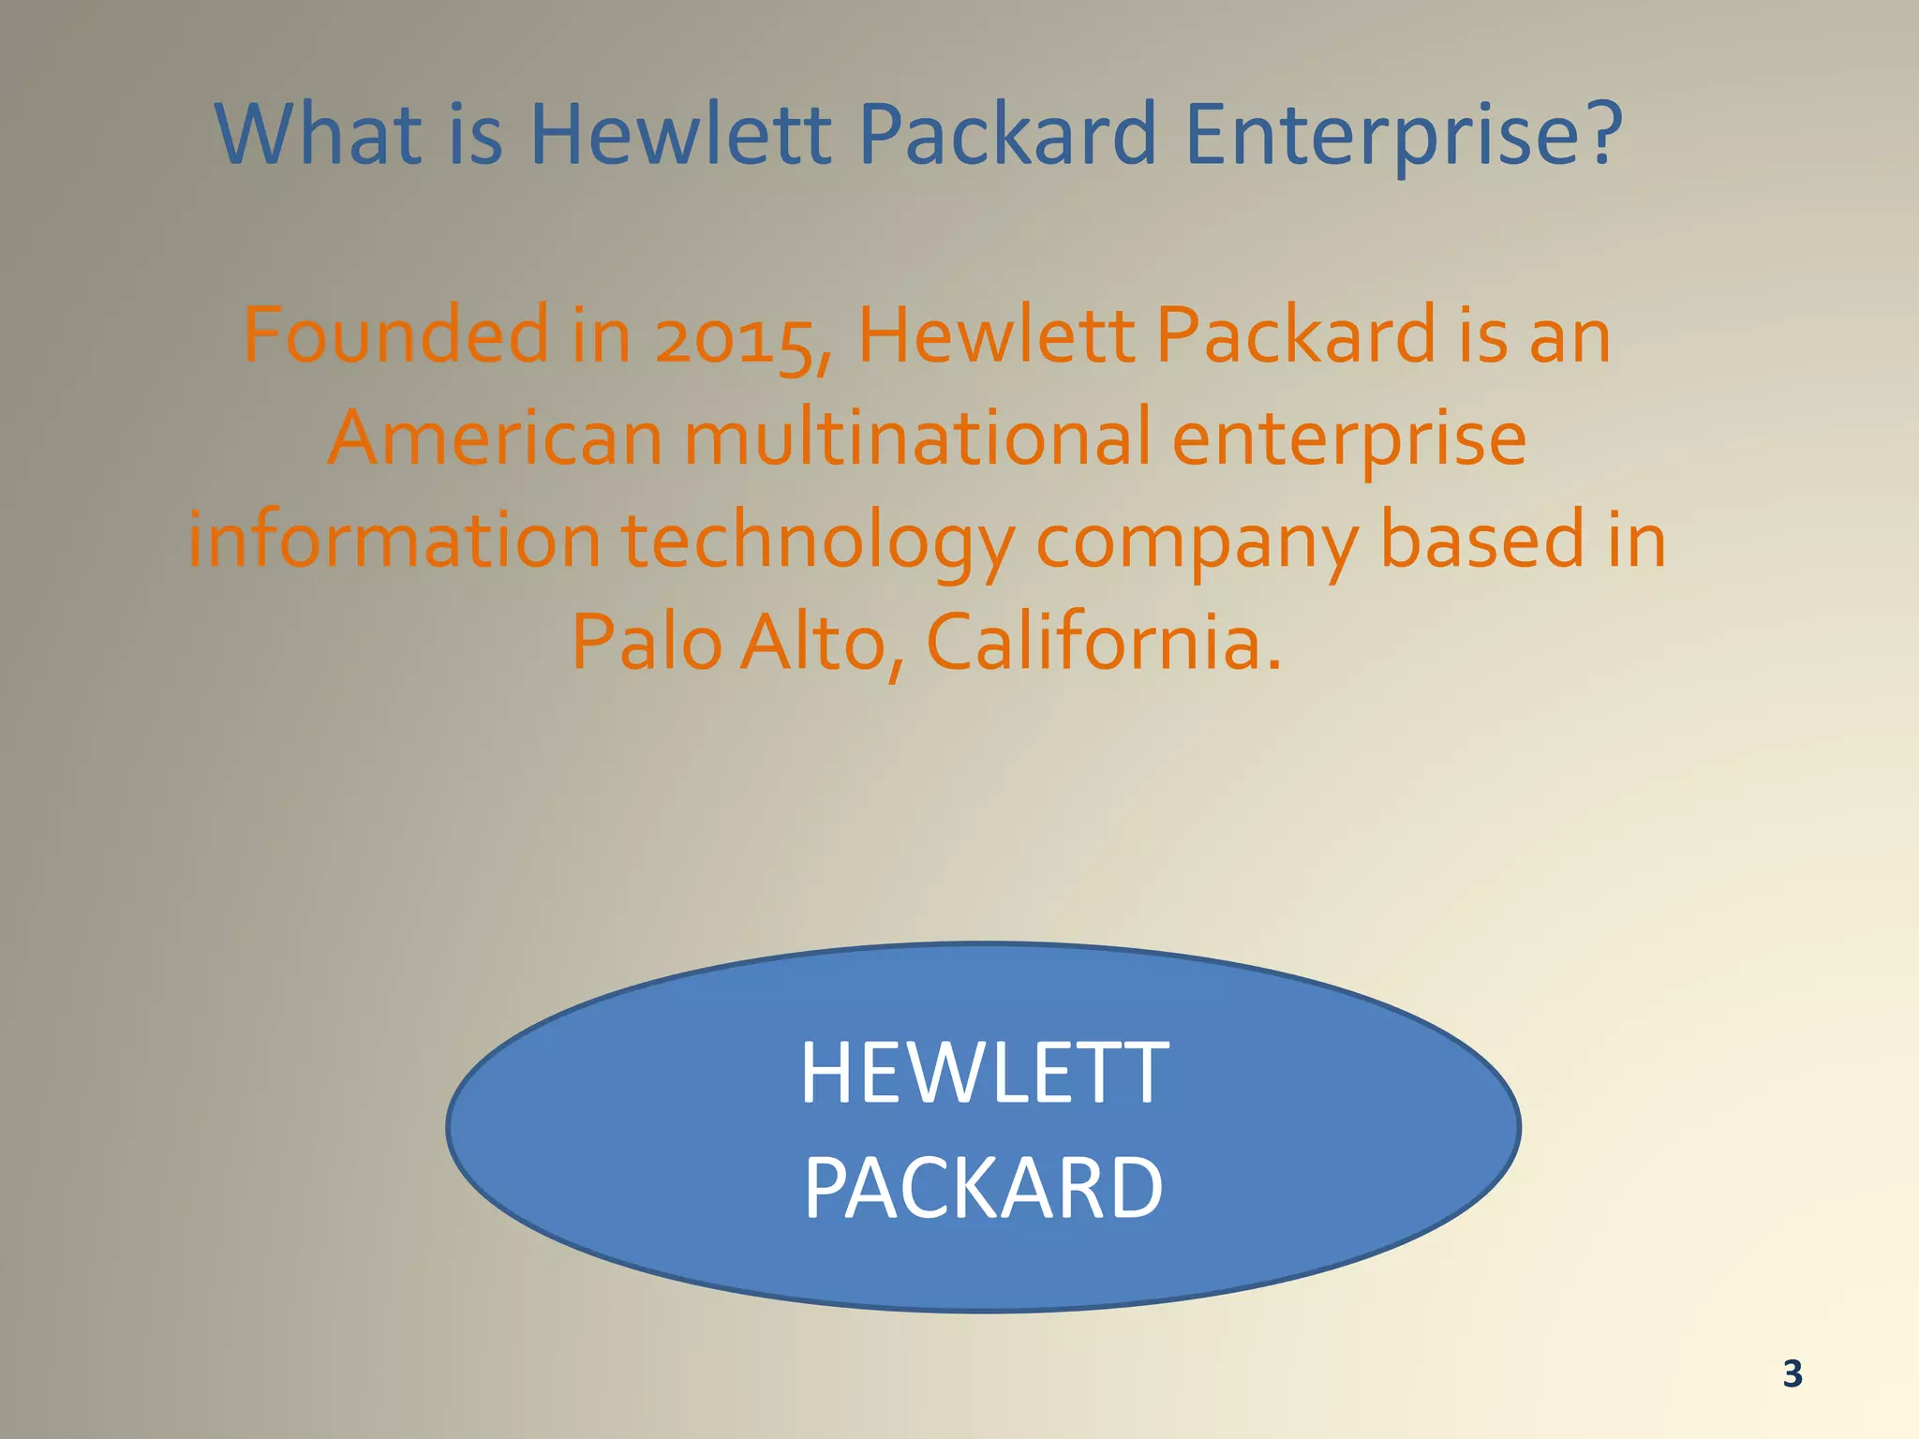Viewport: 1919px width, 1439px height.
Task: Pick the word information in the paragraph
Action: [394, 541]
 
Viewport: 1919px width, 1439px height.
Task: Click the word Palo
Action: [647, 643]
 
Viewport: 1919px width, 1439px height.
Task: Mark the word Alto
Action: [811, 643]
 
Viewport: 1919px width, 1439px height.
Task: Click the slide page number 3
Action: [1792, 1373]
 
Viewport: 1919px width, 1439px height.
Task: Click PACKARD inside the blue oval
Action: [984, 1188]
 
